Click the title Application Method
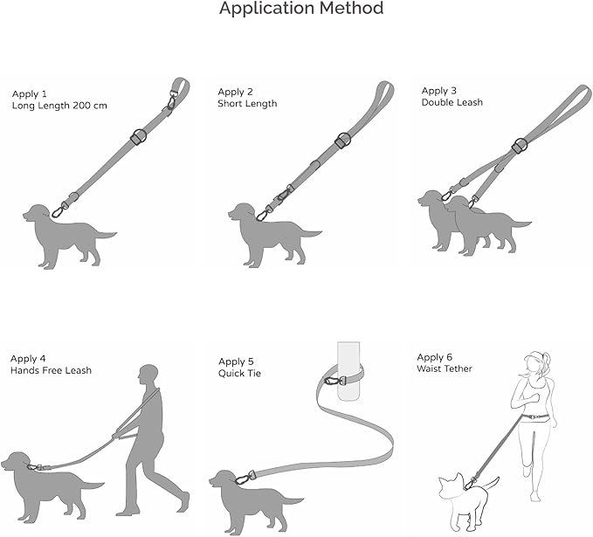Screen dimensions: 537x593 coord(300,10)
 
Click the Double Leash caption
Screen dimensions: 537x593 coord(452,102)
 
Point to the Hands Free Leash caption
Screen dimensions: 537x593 coord(51,370)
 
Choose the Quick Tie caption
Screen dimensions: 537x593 coord(241,373)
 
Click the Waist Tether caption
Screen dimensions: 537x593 coord(444,368)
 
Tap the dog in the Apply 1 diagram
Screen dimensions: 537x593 coord(61,234)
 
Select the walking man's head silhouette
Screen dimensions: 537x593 coord(148,376)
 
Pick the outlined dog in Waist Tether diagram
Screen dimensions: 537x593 coord(459,501)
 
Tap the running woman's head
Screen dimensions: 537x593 coord(534,363)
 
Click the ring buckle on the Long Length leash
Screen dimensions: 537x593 coord(136,137)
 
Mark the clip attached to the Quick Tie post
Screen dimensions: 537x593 coord(333,381)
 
